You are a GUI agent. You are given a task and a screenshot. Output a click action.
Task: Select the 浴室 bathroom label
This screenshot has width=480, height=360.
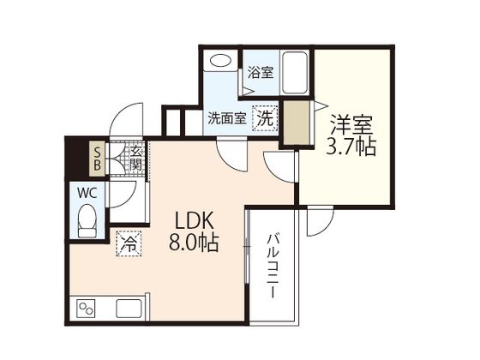coord(261,73)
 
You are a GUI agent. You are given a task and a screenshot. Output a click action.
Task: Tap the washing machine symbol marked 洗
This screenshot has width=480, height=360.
coord(266,118)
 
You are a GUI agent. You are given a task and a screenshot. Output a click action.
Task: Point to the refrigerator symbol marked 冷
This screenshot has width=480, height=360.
coord(127,243)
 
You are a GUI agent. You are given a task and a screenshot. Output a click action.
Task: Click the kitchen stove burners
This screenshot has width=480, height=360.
coord(87,307)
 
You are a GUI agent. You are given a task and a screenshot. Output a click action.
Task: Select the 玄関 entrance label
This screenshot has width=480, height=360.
coord(135,158)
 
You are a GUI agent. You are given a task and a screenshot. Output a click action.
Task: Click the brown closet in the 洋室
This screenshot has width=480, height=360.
coord(297,123)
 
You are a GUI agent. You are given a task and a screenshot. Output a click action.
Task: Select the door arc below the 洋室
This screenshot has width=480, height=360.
coord(318,221)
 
